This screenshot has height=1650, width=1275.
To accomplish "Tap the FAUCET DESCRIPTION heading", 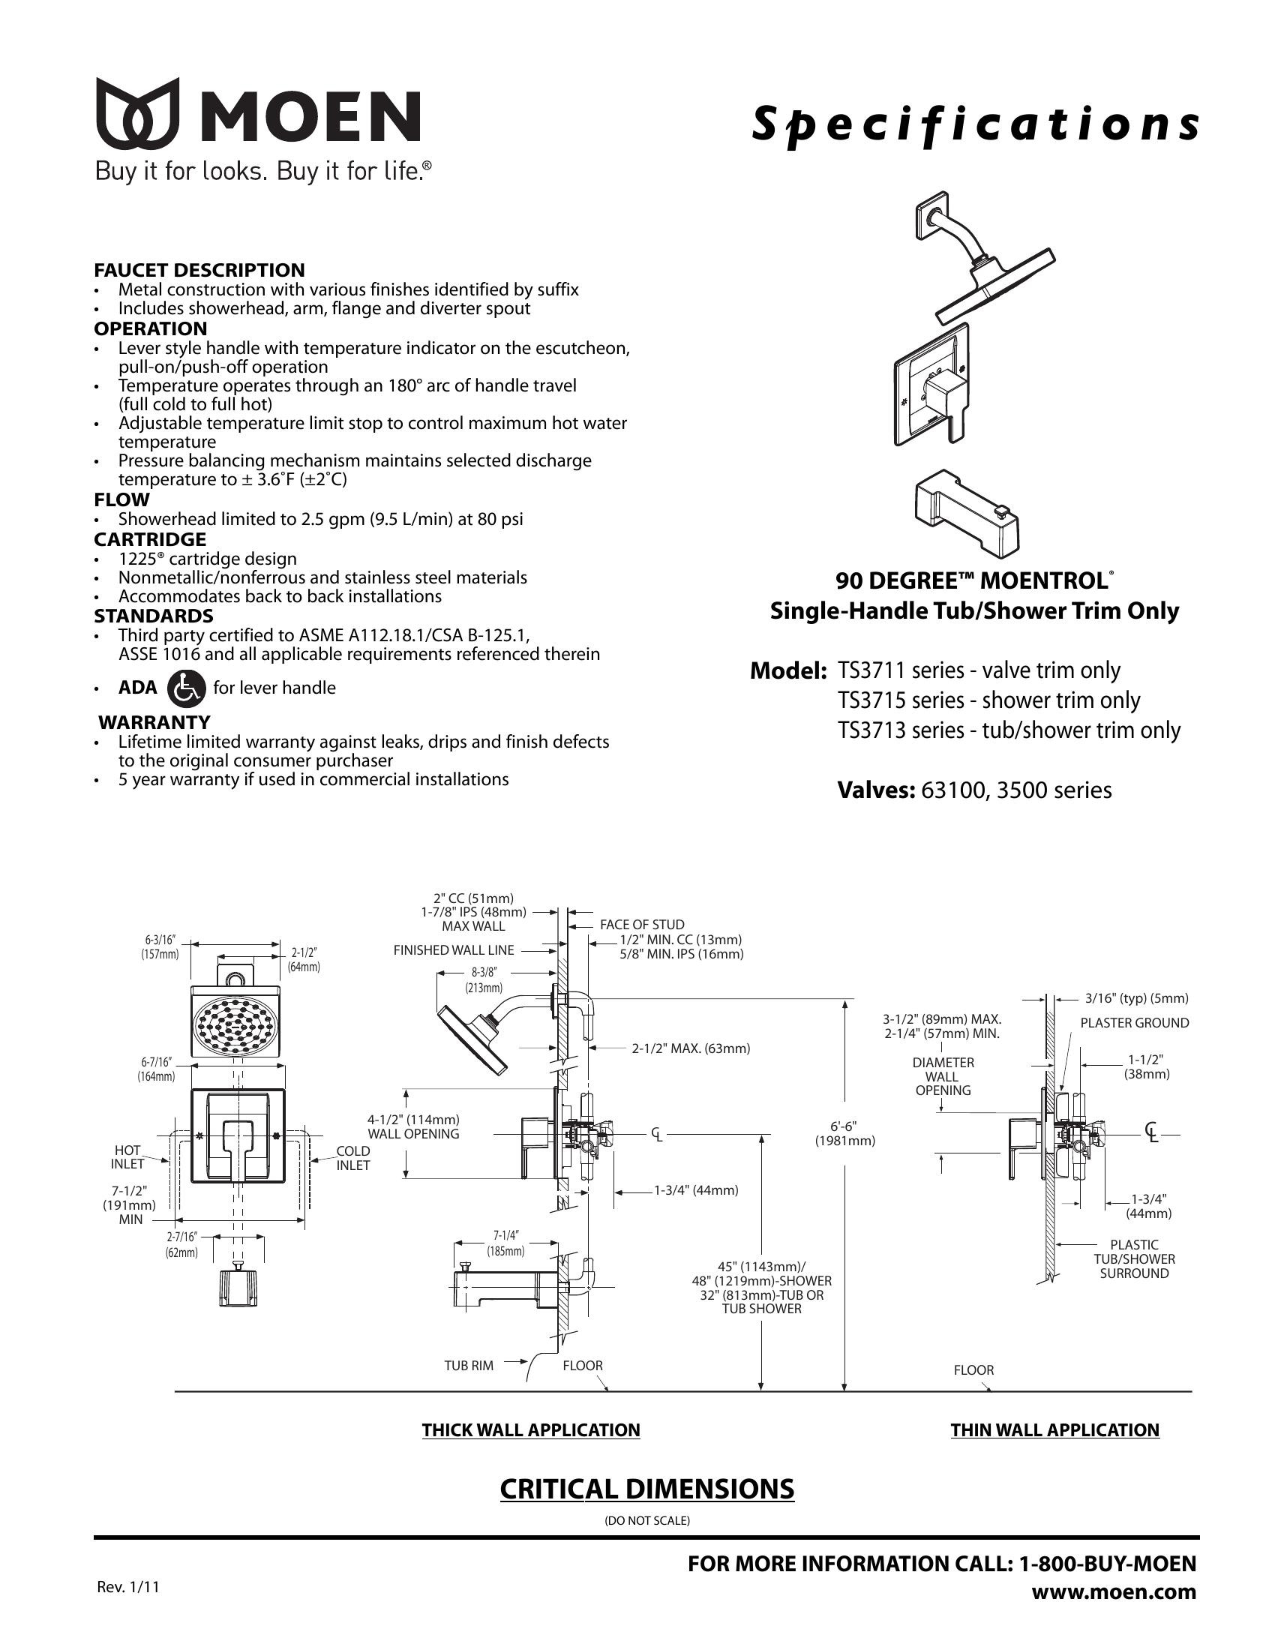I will (x=199, y=270).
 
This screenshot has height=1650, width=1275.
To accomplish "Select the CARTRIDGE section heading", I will (x=149, y=539).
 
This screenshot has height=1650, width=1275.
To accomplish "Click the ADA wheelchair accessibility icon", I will (x=186, y=688).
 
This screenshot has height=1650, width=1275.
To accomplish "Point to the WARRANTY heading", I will (x=154, y=721).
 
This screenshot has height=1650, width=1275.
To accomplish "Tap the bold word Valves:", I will (x=876, y=790).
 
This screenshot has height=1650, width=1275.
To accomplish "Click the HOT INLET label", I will (x=127, y=1157).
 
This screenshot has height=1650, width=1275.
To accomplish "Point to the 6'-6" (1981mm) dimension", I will (x=844, y=1133).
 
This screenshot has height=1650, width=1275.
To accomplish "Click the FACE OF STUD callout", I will (x=642, y=924).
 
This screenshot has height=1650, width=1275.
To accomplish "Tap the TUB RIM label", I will (x=468, y=1365).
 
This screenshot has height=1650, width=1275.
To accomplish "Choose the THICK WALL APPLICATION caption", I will (x=530, y=1429).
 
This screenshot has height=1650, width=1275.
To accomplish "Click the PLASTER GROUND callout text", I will (x=1134, y=1023).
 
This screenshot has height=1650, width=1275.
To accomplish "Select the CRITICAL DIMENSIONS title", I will (x=646, y=1489).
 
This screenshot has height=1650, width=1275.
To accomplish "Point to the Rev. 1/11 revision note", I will (x=128, y=1586).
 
